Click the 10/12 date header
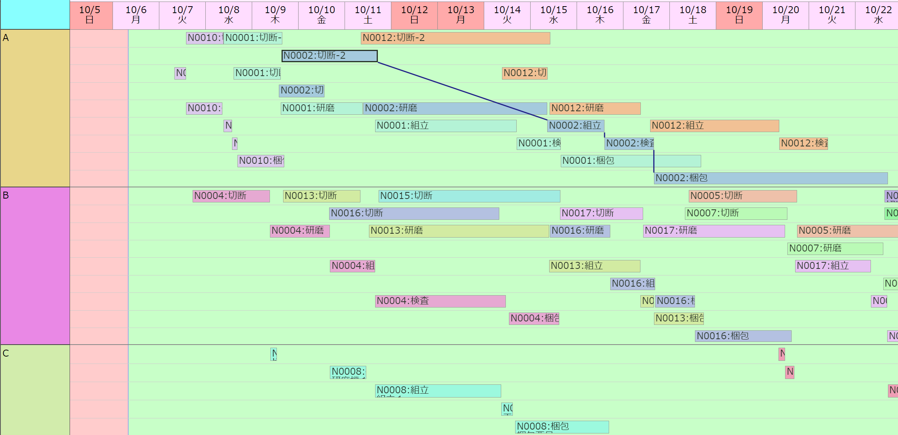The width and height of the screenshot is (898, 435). click(414, 15)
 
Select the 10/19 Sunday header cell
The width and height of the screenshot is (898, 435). click(739, 15)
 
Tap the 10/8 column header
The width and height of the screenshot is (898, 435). click(229, 15)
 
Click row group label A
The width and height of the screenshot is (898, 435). click(35, 108)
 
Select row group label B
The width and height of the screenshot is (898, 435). click(35, 266)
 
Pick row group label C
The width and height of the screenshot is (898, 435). click(35, 389)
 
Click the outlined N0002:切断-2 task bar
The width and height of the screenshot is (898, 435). click(329, 56)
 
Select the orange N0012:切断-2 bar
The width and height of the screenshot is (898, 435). click(455, 38)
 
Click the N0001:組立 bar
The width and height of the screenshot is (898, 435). click(446, 126)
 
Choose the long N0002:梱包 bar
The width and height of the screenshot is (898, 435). click(770, 178)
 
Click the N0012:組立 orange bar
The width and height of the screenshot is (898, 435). click(714, 126)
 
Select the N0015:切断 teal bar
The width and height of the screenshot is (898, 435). click(469, 196)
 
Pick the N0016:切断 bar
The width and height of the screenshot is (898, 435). click(414, 214)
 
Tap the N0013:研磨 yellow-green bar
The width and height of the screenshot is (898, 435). click(459, 231)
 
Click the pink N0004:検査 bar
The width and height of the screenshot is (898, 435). click(440, 301)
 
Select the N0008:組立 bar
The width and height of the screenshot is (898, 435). click(438, 391)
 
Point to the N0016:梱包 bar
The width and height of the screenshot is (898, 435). click(743, 336)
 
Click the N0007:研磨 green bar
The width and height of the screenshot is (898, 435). click(835, 248)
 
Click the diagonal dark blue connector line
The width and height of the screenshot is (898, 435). click(463, 91)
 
